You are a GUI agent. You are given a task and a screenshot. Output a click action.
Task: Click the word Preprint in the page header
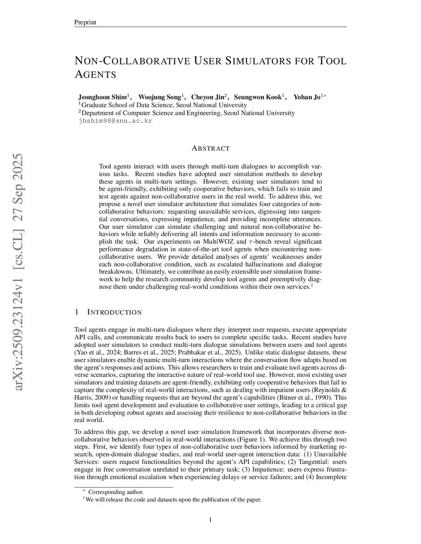click(x=85, y=22)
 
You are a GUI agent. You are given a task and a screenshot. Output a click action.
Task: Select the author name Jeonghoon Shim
click(x=103, y=97)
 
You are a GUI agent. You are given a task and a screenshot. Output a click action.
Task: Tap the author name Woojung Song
click(x=160, y=97)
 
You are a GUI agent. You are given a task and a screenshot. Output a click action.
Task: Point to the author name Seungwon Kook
click(x=257, y=97)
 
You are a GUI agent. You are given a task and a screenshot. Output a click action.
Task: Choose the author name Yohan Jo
click(x=307, y=97)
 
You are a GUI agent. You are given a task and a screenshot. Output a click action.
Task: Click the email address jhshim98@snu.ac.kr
click(x=115, y=121)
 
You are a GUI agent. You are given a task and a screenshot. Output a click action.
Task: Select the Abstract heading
click(x=210, y=148)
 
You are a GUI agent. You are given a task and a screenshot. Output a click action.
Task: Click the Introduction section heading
click(x=114, y=312)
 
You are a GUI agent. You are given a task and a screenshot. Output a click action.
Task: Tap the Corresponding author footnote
click(x=116, y=492)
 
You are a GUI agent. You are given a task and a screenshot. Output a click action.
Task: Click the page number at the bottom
click(x=210, y=520)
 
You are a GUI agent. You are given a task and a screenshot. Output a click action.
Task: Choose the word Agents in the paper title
click(x=95, y=75)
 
